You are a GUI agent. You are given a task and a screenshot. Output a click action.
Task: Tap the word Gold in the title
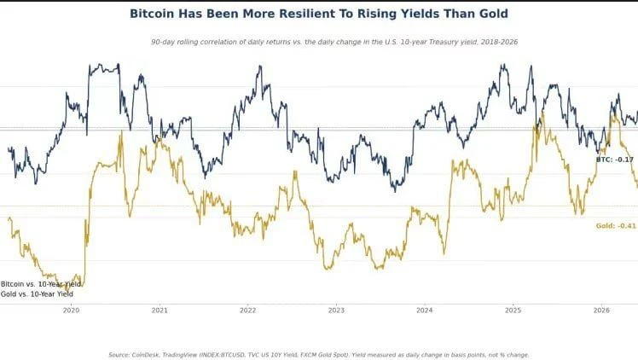[x=494, y=14]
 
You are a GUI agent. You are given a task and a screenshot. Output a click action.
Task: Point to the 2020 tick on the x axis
[x=71, y=311]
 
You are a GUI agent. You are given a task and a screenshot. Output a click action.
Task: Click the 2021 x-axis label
[x=159, y=311]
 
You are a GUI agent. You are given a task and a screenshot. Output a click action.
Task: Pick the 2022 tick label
[x=248, y=311]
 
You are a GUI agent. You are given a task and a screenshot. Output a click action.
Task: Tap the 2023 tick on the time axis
[x=336, y=311]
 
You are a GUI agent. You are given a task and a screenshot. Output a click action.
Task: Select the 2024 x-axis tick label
[x=425, y=311]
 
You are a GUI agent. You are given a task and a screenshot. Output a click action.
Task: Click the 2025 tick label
[x=513, y=311]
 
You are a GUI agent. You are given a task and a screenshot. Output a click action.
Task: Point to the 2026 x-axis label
[x=601, y=311]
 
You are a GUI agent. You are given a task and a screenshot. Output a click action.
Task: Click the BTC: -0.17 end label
[x=615, y=160]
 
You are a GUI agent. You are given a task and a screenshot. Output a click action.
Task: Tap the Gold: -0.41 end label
[x=616, y=226]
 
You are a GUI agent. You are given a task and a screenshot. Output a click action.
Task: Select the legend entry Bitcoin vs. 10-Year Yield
[x=41, y=284]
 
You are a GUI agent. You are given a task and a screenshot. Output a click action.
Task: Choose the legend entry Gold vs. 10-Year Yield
[x=37, y=293]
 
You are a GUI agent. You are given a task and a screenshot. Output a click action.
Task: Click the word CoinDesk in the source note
[x=145, y=355]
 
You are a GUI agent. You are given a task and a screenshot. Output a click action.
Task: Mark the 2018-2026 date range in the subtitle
[x=499, y=42]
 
